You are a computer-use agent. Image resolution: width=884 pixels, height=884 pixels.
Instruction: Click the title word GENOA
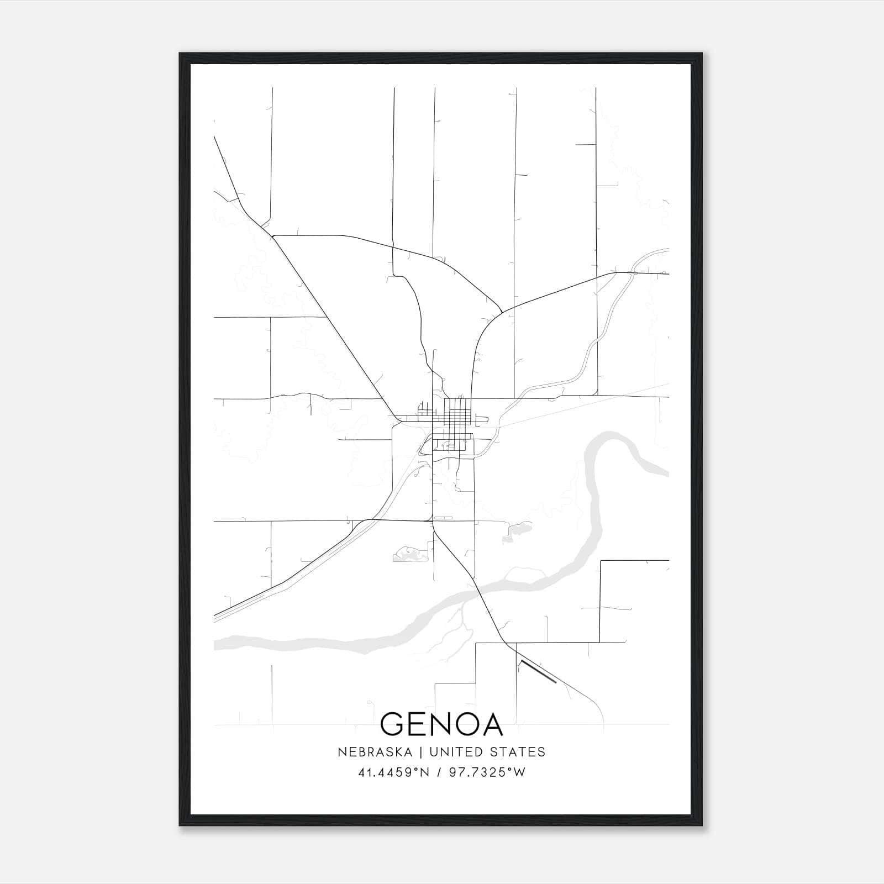pyautogui.click(x=441, y=724)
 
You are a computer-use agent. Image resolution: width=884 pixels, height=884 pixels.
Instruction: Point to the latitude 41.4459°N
pyautogui.click(x=393, y=772)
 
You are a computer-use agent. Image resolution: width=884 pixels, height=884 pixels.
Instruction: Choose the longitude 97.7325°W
pyautogui.click(x=487, y=772)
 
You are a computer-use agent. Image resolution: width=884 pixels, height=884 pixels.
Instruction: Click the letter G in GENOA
pyautogui.click(x=394, y=724)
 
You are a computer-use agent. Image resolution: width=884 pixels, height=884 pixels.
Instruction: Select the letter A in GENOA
pyautogui.click(x=490, y=724)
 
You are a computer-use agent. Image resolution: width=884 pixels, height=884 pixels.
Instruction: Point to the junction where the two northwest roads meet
pyautogui.click(x=272, y=236)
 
